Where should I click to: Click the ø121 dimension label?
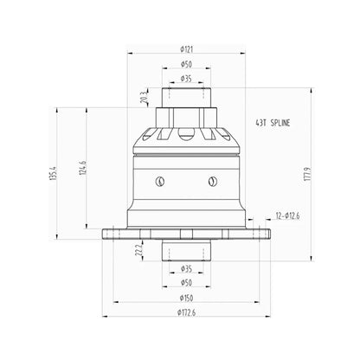[186, 49]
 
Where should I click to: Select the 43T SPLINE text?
[273, 123]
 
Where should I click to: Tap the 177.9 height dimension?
[306, 174]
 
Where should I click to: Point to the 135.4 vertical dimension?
[53, 173]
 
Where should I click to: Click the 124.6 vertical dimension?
[82, 168]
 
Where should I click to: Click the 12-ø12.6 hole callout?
[287, 215]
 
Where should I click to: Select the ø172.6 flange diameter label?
[186, 312]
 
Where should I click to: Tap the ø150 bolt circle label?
[186, 298]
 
